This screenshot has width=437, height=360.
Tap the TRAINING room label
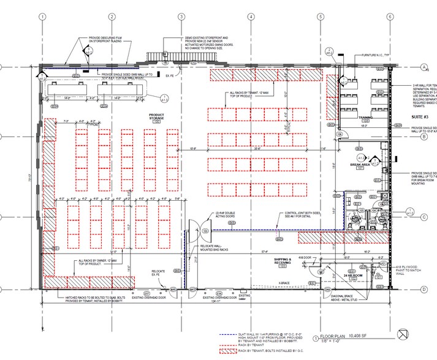366,117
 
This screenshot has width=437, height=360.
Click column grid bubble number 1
42,17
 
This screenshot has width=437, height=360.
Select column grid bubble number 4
251,17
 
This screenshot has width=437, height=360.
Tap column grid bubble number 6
389,17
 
